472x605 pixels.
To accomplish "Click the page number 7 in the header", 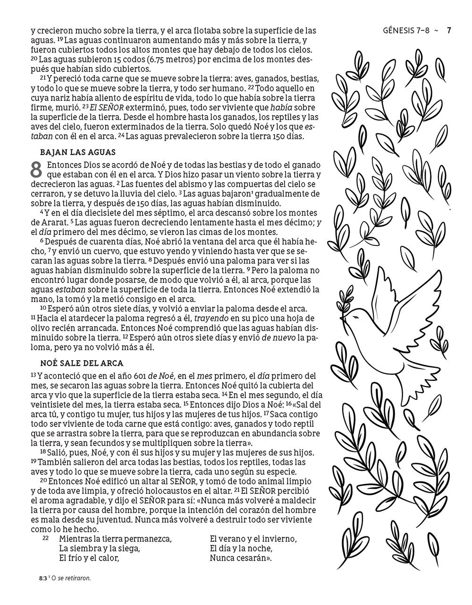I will click(x=449, y=31).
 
